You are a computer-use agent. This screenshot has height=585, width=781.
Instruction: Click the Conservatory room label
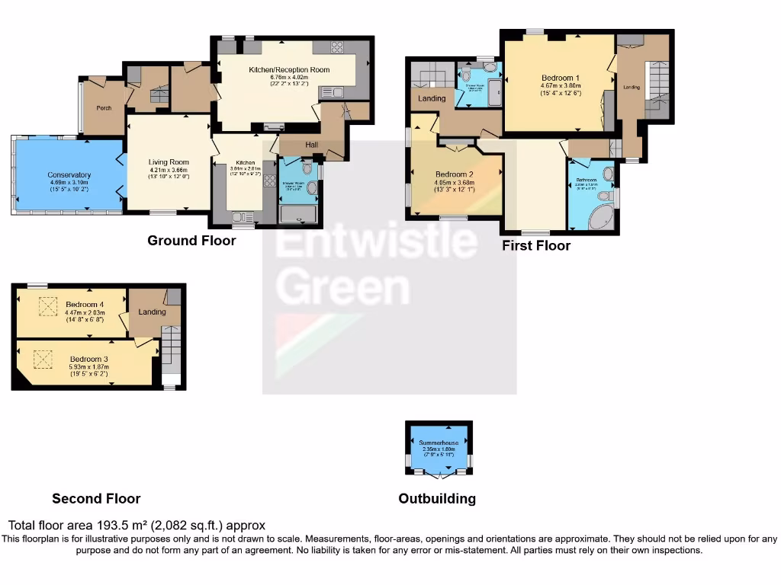point(69,174)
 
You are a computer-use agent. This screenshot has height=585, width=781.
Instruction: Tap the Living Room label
point(169,161)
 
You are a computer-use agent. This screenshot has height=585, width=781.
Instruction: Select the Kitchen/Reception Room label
point(289,69)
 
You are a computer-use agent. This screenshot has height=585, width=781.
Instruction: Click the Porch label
point(104,108)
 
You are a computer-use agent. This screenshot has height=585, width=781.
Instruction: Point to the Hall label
point(312,144)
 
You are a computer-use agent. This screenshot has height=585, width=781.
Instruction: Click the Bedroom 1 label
point(561,78)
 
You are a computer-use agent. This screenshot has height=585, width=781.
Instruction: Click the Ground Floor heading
point(191,241)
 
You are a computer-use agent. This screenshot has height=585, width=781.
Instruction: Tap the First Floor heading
point(536,245)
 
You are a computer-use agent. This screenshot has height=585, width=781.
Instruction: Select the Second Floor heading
point(96,499)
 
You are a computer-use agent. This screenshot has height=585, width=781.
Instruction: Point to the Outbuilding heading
point(437,499)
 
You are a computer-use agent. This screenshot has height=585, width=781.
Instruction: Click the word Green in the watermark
point(342,287)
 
